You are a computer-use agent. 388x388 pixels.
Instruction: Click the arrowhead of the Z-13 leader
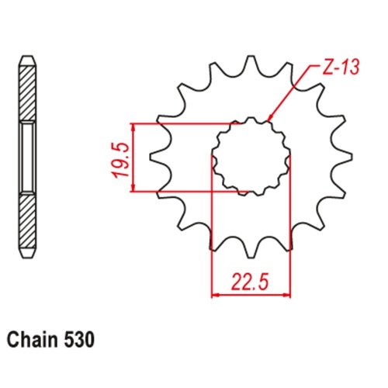coord(268,120)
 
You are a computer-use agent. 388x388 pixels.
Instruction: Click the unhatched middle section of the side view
coord(26,157)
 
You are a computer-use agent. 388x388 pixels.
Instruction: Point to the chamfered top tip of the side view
coord(26,60)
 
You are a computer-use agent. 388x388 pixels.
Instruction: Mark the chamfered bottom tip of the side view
coord(26,253)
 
